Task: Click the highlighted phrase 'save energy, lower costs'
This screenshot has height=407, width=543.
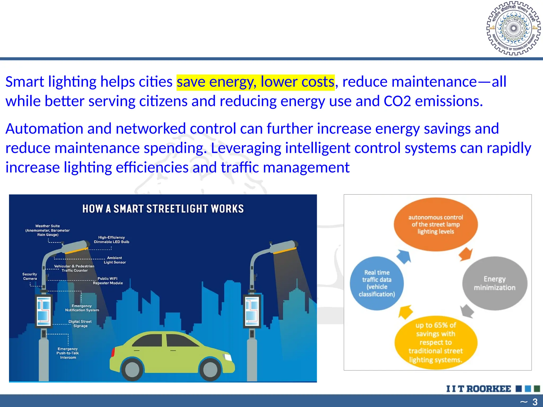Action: click(255, 82)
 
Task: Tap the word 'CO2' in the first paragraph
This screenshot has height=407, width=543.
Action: click(397, 101)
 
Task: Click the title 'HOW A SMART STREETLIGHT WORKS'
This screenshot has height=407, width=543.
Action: click(163, 209)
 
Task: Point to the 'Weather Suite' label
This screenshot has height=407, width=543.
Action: click(47, 230)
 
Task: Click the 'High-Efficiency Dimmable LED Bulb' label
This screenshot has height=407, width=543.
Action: click(112, 240)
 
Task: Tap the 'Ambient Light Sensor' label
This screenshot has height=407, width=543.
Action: click(115, 260)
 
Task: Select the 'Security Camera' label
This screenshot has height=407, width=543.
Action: click(30, 276)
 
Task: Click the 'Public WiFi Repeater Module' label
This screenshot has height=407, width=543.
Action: click(108, 281)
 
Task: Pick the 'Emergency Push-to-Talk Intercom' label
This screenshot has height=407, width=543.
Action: click(68, 353)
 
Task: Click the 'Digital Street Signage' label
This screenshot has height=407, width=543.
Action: click(80, 324)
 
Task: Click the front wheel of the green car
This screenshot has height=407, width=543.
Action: click(210, 370)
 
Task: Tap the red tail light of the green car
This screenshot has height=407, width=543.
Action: click(113, 352)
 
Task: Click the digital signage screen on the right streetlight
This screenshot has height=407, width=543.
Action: click(252, 311)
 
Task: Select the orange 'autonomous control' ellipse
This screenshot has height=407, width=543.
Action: click(436, 224)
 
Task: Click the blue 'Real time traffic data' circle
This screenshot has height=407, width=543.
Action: click(377, 283)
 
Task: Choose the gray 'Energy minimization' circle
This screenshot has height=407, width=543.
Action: click(495, 283)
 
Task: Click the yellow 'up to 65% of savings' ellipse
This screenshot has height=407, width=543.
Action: click(436, 342)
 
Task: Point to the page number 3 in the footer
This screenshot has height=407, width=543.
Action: click(535, 402)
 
